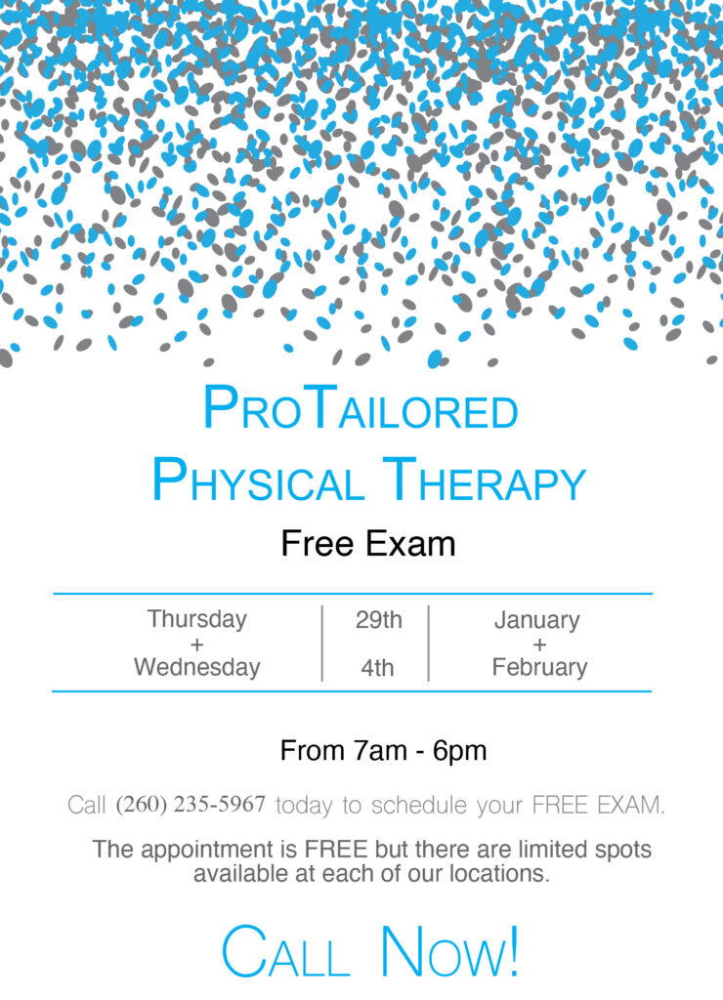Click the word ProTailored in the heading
click(x=361, y=408)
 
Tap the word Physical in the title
click(x=258, y=480)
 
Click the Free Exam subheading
click(x=368, y=544)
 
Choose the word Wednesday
click(x=196, y=667)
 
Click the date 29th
click(x=379, y=620)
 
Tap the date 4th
click(x=377, y=668)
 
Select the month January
click(x=537, y=620)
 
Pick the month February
click(x=540, y=668)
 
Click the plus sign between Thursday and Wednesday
click(x=196, y=645)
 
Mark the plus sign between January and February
click(x=540, y=645)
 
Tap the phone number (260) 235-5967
click(x=191, y=805)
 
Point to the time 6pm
click(x=459, y=752)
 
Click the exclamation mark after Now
click(x=512, y=950)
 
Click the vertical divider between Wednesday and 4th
click(x=322, y=643)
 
